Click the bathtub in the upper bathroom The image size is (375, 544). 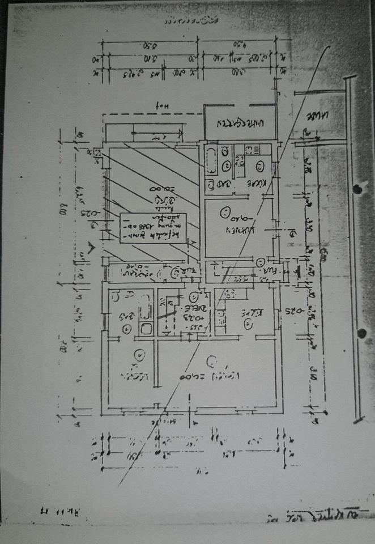(x=211, y=159)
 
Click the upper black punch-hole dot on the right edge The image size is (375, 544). (x=356, y=188)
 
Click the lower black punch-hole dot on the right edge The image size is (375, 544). (x=361, y=333)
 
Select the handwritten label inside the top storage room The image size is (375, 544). (x=240, y=122)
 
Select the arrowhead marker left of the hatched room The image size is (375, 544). (x=91, y=248)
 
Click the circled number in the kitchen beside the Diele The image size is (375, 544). (x=248, y=324)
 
